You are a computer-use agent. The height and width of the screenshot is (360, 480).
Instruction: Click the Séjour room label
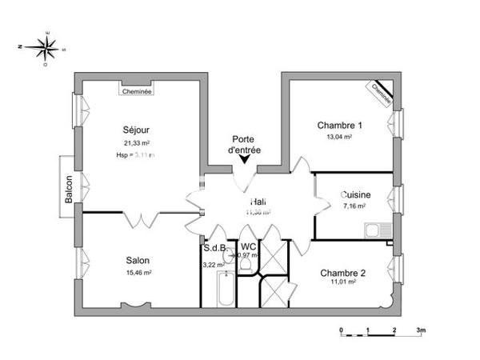[137, 130]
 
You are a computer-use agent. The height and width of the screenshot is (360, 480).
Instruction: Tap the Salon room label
[137, 260]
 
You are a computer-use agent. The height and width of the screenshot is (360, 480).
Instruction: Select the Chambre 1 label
[340, 126]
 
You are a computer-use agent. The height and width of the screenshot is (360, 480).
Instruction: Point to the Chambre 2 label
[342, 273]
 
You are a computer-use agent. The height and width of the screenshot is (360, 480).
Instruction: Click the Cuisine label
[354, 194]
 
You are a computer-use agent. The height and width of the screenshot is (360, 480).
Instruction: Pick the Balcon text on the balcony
[69, 187]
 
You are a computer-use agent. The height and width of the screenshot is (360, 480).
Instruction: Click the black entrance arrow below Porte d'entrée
[244, 160]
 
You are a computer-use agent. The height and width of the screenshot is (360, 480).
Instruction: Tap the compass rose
[48, 47]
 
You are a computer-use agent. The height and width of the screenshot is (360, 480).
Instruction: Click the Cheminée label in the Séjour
[137, 91]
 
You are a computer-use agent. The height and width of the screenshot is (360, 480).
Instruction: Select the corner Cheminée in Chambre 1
[382, 94]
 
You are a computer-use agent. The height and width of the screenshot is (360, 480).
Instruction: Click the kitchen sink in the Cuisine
[375, 231]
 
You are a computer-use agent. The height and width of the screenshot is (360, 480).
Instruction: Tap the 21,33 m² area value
[137, 142]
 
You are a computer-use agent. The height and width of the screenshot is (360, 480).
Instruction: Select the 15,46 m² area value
[138, 273]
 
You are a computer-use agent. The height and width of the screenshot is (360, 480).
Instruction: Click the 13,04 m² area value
[340, 137]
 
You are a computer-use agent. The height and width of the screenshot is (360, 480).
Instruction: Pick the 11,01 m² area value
[342, 283]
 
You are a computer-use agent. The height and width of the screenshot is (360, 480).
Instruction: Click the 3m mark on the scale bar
[421, 330]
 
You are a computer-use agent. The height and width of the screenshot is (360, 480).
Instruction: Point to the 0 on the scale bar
[342, 330]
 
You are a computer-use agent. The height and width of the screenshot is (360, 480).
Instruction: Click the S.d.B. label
[214, 249]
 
